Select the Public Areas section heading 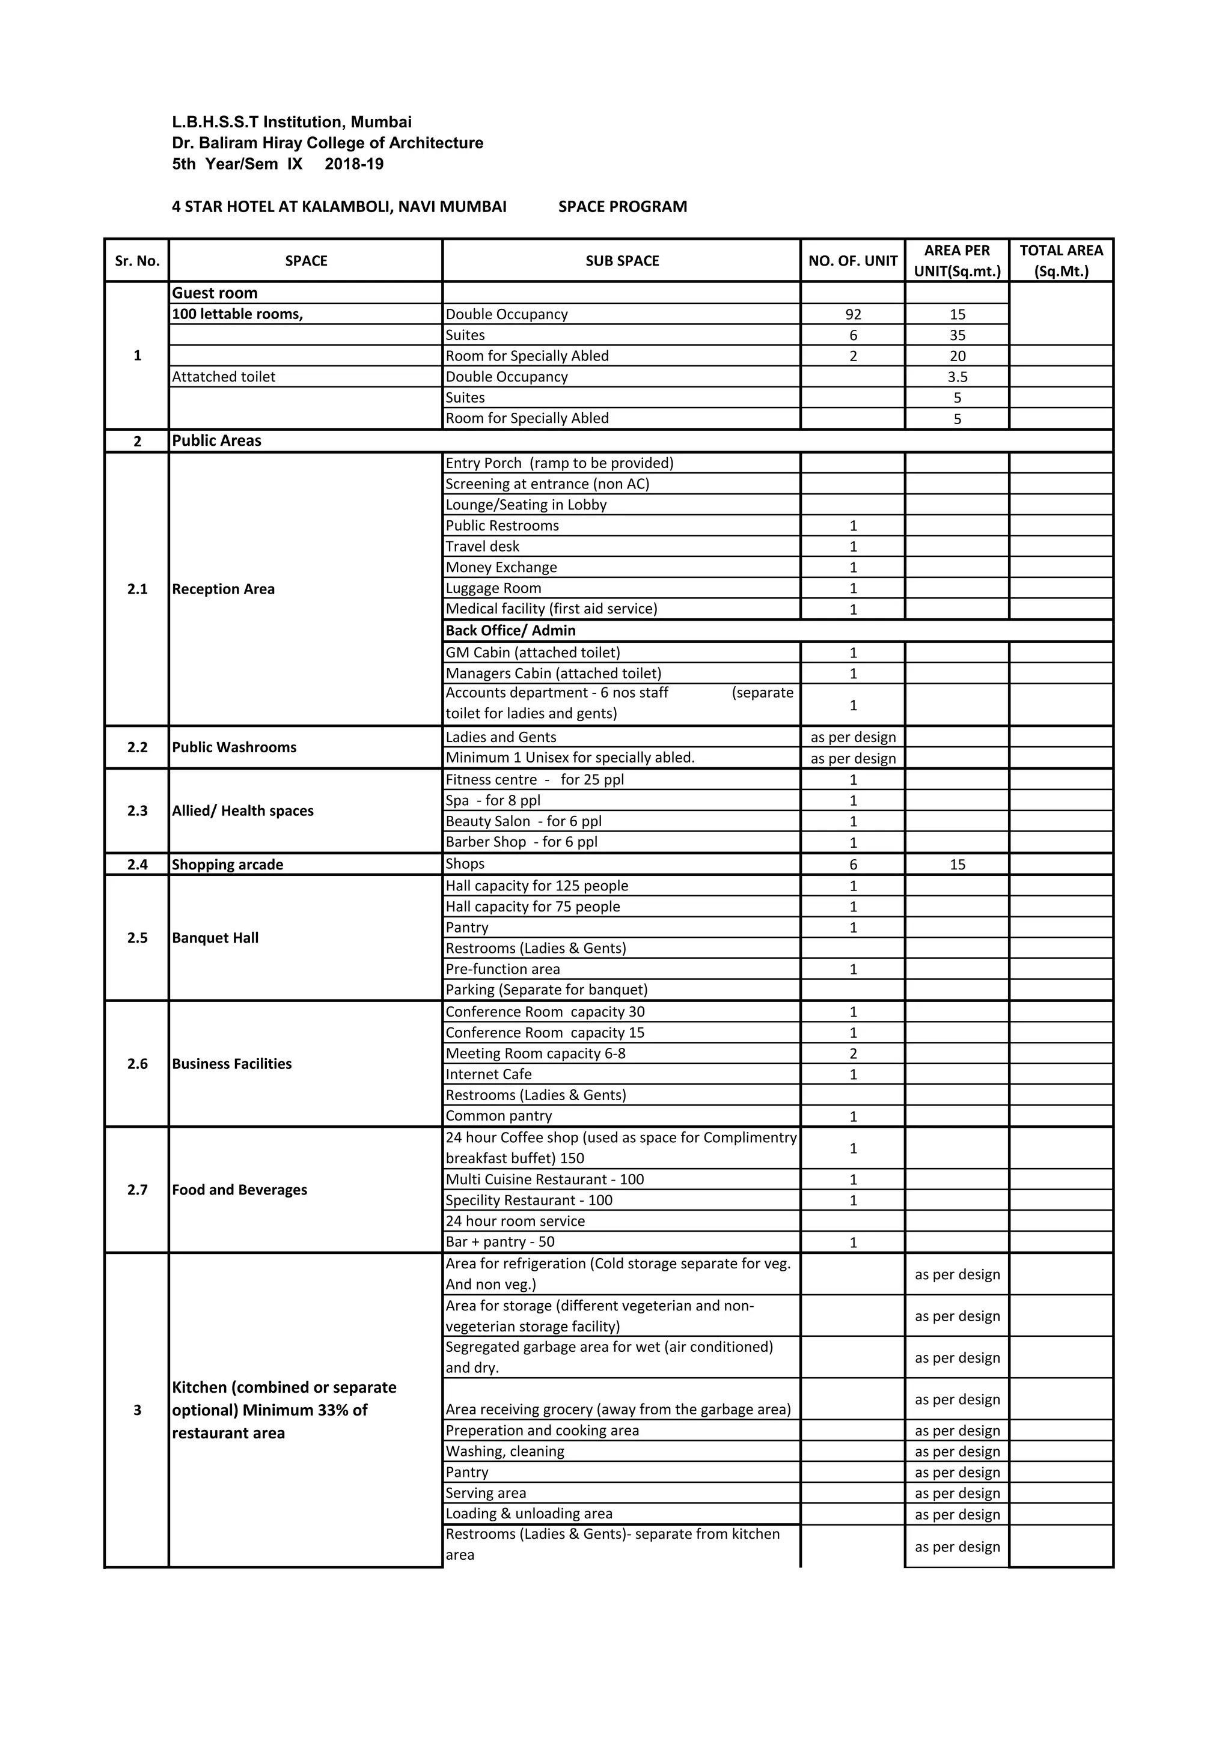coord(217,441)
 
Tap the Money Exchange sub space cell coord(501,568)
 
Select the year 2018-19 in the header coord(354,165)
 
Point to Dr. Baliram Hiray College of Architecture coord(328,143)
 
